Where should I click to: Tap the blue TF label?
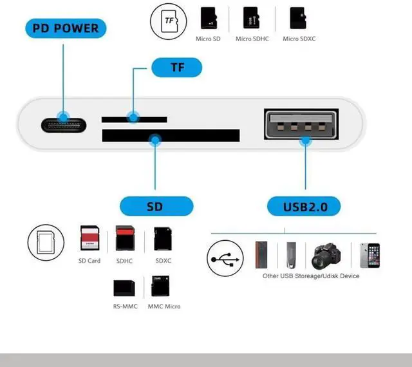coord(176,67)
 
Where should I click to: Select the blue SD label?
coord(156,207)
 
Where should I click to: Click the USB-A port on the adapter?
coord(303,125)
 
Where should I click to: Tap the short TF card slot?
coord(135,120)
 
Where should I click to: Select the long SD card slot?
coord(171,136)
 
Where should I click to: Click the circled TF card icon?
coord(169,21)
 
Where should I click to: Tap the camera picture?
coord(327,256)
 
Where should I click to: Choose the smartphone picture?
coord(370,255)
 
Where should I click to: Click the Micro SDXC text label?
coord(299,39)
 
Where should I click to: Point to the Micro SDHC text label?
coord(252,39)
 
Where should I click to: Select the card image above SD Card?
coord(88,238)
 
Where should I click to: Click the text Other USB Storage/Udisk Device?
coord(310,276)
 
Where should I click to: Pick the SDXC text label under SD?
coord(164,261)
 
